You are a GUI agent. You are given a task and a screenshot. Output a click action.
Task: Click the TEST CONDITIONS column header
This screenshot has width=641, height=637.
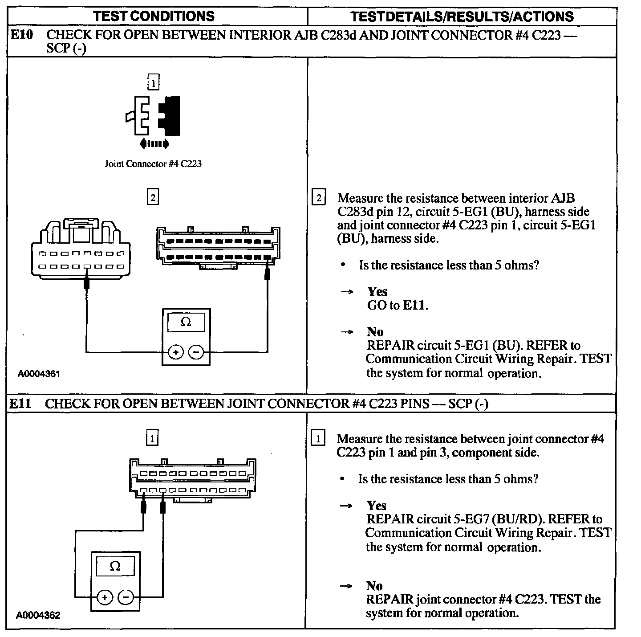(154, 16)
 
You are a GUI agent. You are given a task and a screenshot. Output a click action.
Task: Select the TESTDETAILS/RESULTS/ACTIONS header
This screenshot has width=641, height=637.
(462, 17)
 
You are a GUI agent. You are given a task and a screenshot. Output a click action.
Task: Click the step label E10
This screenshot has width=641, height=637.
(21, 35)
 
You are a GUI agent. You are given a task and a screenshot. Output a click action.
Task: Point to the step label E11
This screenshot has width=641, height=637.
(21, 404)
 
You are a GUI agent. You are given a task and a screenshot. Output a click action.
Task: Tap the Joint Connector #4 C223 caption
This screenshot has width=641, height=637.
(153, 164)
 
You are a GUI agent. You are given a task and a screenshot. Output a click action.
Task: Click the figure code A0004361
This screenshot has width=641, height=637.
(39, 374)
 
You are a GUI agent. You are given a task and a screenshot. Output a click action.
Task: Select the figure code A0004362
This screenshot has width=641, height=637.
(38, 615)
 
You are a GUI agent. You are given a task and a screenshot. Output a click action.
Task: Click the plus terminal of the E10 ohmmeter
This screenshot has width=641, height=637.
(176, 352)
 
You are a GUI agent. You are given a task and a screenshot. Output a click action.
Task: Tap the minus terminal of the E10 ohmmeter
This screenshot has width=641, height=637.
(196, 352)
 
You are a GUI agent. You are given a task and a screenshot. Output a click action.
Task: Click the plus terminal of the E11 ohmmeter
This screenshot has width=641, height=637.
(105, 597)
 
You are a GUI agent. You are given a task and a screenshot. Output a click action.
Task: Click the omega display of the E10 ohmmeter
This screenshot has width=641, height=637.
(186, 322)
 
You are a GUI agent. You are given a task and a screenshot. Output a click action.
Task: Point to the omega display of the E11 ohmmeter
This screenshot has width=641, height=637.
(115, 566)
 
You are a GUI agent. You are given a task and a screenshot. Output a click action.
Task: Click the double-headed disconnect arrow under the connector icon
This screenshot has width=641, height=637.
(154, 144)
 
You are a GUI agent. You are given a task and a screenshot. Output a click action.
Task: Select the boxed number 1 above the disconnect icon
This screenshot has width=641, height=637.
(153, 83)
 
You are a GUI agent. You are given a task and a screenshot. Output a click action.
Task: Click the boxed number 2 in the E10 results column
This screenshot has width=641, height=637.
(318, 198)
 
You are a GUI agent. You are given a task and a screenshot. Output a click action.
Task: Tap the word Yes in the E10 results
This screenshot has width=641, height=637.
(377, 292)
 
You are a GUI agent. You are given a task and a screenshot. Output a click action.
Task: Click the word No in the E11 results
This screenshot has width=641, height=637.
(374, 585)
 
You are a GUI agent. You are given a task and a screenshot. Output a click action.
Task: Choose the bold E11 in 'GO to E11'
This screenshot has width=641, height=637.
(414, 306)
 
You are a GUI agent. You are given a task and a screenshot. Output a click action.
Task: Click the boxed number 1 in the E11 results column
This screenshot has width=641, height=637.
(318, 439)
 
